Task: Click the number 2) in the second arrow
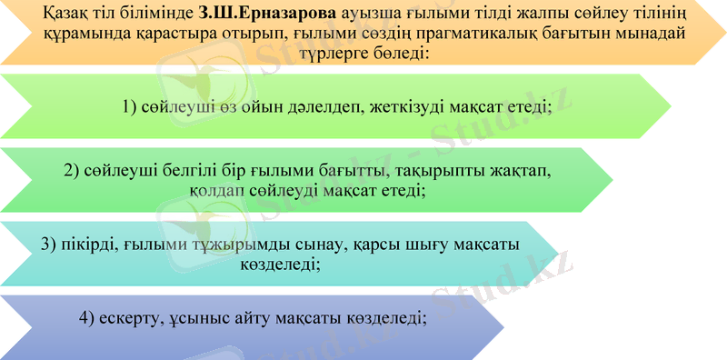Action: click(73, 172)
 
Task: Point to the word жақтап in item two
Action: click(520, 172)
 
